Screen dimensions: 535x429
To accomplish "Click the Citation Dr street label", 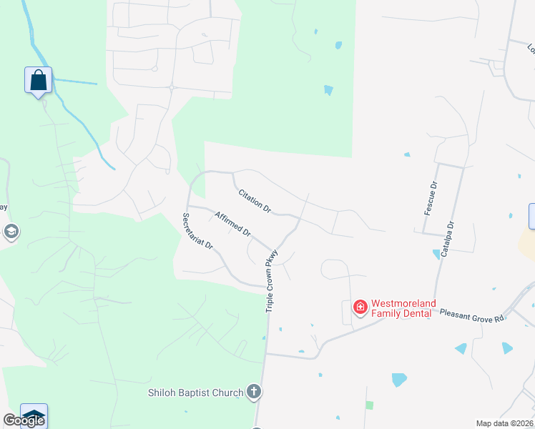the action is tap(255, 201).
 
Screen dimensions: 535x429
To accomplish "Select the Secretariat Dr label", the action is tap(197, 230).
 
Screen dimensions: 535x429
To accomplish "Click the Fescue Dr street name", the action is tap(431, 198).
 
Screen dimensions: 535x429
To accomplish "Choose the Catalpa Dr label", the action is tap(448, 240).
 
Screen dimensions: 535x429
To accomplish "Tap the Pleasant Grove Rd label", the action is tap(471, 315).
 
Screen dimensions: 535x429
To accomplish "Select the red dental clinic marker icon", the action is tap(360, 307).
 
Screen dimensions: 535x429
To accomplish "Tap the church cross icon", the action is tap(253, 391).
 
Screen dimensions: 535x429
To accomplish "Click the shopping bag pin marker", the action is tap(38, 79).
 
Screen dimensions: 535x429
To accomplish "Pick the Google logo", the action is tap(23, 420).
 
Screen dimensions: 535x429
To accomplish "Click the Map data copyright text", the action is tap(505, 423).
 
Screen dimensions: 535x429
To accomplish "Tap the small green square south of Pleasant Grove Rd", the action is tap(369, 405).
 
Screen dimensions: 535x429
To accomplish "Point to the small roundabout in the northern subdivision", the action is tap(172, 88).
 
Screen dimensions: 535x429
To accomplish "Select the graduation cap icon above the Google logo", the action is tap(34, 415).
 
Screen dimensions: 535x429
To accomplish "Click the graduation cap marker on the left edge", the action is tap(10, 231).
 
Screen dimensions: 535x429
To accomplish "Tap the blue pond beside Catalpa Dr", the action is tap(436, 254).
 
